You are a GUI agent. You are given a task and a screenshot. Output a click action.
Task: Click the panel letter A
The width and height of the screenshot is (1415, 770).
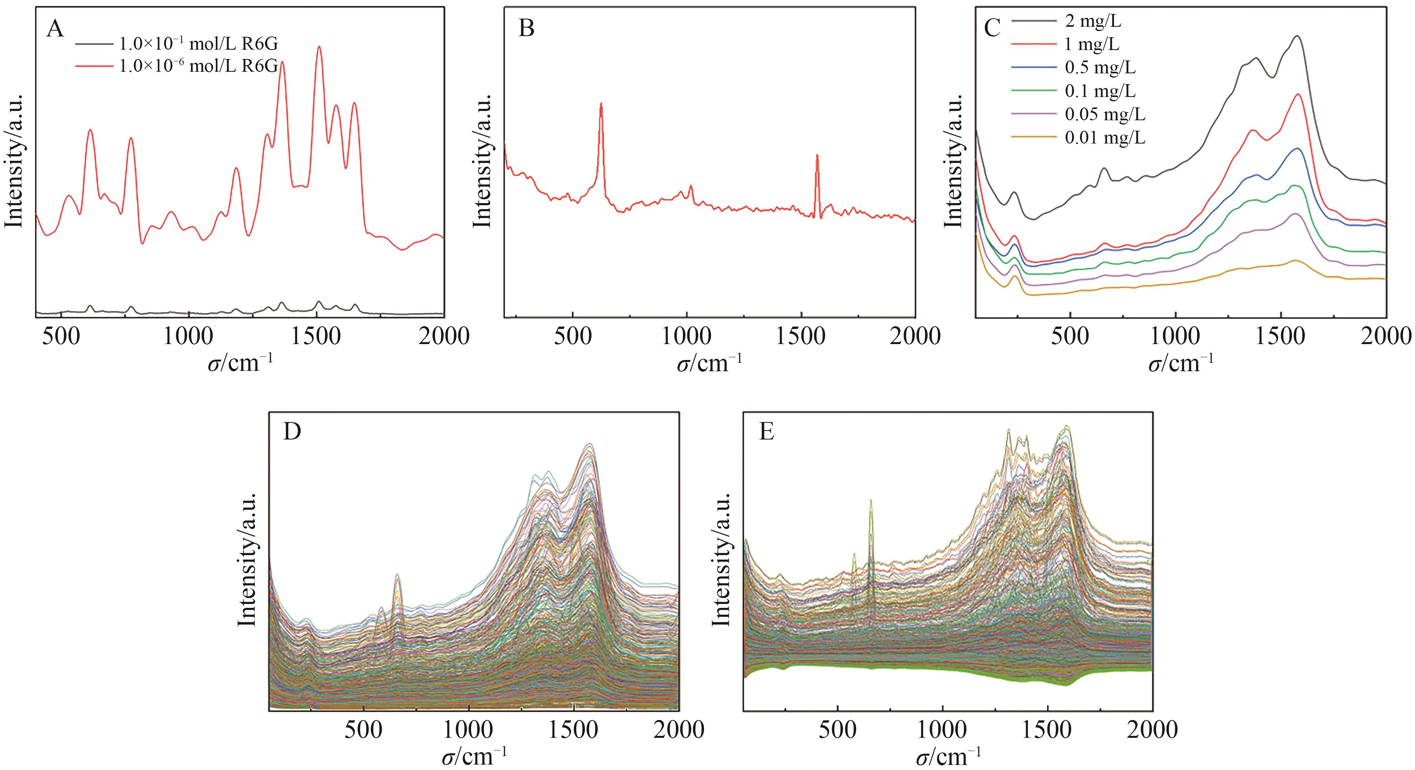[55, 29]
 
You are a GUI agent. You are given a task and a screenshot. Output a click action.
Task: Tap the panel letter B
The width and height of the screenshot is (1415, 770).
[526, 29]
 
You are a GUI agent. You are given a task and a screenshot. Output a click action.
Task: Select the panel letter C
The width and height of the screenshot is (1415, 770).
[992, 29]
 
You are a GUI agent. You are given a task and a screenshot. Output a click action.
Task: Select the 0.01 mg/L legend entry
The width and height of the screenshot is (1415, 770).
[1105, 137]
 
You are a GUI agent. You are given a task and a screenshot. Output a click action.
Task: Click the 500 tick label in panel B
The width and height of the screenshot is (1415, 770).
[573, 336]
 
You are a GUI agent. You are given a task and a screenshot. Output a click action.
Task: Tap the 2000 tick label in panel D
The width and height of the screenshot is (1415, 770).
[679, 730]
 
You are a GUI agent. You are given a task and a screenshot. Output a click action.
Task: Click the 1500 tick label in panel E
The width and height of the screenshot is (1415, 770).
[1047, 730]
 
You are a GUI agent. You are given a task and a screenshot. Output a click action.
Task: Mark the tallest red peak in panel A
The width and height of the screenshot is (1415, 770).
[319, 47]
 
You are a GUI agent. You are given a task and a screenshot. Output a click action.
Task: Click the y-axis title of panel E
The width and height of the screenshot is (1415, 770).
[721, 559]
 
